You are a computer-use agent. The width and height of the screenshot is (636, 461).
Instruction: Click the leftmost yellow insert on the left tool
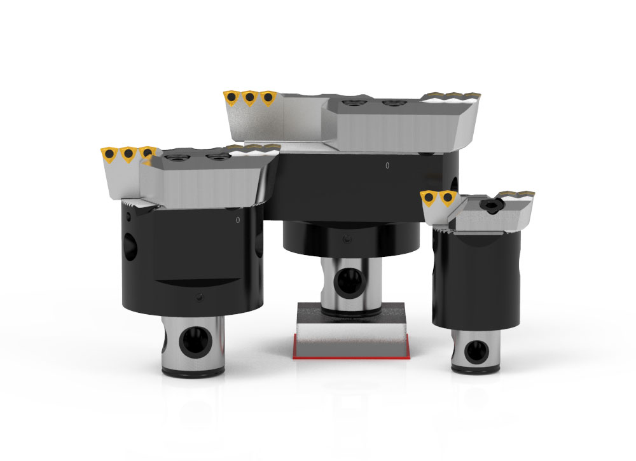tap(108, 155)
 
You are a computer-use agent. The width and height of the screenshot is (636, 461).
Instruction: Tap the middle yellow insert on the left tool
tap(127, 155)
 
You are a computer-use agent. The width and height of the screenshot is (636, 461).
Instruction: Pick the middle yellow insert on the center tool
tap(250, 99)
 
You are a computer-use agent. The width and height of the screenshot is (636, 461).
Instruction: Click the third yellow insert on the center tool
tap(268, 99)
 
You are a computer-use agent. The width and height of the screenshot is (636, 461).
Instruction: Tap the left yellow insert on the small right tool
tap(430, 199)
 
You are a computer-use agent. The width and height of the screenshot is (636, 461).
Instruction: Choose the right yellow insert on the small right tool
tap(448, 199)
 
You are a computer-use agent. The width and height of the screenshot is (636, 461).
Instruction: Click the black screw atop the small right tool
tap(492, 205)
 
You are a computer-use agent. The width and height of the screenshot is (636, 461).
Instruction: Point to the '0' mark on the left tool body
tap(237, 220)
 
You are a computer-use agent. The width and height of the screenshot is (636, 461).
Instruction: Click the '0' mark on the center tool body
tap(387, 166)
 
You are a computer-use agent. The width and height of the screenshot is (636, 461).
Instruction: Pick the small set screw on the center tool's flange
tap(345, 240)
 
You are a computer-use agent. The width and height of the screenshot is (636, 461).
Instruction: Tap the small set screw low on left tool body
tap(200, 298)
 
